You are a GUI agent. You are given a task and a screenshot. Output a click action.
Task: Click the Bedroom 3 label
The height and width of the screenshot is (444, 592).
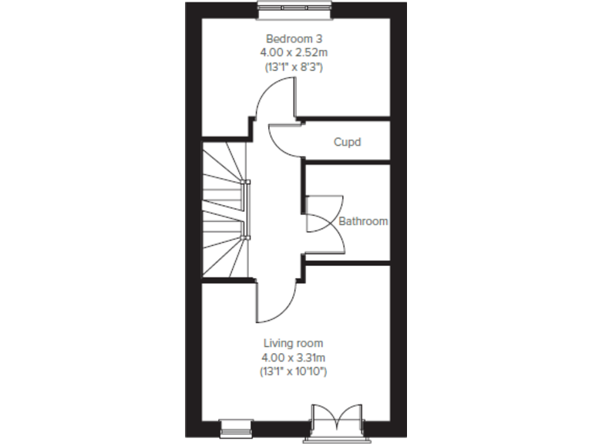pyautogui.click(x=293, y=39)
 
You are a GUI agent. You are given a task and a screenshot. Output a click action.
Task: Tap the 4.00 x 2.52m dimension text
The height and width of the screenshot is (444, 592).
pyautogui.click(x=293, y=52)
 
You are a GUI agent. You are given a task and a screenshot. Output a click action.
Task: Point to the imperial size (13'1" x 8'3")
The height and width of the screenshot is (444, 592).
pyautogui.click(x=293, y=67)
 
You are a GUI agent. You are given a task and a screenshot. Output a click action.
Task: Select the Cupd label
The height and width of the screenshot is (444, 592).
pyautogui.click(x=347, y=143)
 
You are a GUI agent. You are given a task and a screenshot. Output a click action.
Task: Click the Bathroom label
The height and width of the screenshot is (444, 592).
pyautogui.click(x=363, y=221)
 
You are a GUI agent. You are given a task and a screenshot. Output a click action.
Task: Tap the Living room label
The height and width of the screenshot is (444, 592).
pyautogui.click(x=293, y=343)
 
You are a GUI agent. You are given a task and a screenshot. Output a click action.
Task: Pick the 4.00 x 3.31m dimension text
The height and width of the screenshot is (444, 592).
pyautogui.click(x=293, y=358)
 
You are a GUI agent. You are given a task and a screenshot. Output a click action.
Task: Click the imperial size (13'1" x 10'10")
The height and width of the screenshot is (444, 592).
pyautogui.click(x=293, y=372)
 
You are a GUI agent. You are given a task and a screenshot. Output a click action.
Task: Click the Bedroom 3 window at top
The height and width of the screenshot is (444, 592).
pyautogui.click(x=294, y=7)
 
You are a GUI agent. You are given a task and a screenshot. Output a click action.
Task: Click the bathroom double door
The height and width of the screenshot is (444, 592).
pyautogui.click(x=324, y=223)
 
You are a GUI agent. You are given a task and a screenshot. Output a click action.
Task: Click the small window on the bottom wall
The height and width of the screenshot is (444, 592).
pyautogui.click(x=236, y=423)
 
